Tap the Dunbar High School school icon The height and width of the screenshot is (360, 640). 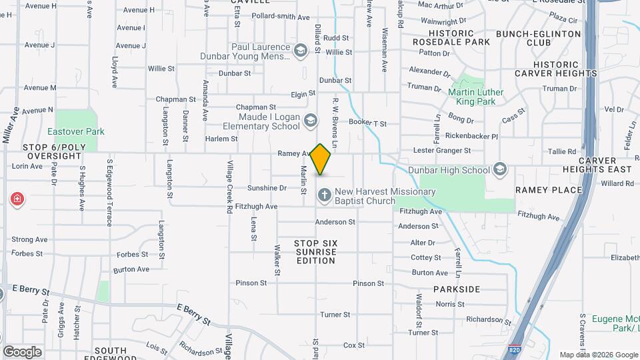(500, 170)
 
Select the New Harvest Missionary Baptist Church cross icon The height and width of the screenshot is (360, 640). (324, 195)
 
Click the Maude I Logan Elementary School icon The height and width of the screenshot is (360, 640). (309, 121)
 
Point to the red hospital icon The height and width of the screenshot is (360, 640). (17, 199)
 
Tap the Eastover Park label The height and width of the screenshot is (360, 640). (76, 132)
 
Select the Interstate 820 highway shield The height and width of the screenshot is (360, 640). (513, 349)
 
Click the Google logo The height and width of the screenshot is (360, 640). (22, 351)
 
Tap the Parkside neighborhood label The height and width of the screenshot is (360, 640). (457, 289)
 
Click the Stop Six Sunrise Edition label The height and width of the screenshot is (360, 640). (316, 252)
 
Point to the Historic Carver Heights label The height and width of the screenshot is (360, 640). (555, 69)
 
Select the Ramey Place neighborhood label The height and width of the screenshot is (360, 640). (549, 190)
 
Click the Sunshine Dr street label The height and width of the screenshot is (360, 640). (267, 188)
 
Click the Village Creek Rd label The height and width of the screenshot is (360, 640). (229, 187)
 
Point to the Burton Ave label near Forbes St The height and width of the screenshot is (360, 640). (131, 269)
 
